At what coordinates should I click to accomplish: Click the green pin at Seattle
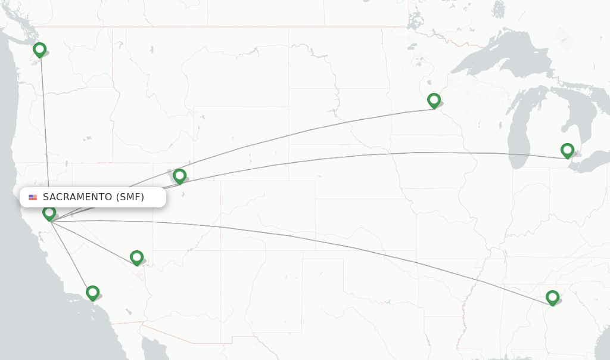tap(40, 49)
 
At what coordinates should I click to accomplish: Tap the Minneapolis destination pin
tap(434, 100)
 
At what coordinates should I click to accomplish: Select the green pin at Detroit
tap(567, 150)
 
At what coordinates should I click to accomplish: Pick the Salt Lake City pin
tap(179, 175)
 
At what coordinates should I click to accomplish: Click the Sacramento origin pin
tap(49, 212)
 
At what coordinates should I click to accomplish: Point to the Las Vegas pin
tap(136, 257)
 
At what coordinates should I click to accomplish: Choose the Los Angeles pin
tap(92, 293)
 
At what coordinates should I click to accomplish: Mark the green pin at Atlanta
tap(552, 297)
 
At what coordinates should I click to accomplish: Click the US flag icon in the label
tap(33, 197)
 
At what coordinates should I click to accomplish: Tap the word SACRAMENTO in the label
tap(77, 197)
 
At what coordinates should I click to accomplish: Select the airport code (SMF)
tap(130, 197)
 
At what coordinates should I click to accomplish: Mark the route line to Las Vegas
tap(95, 241)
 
